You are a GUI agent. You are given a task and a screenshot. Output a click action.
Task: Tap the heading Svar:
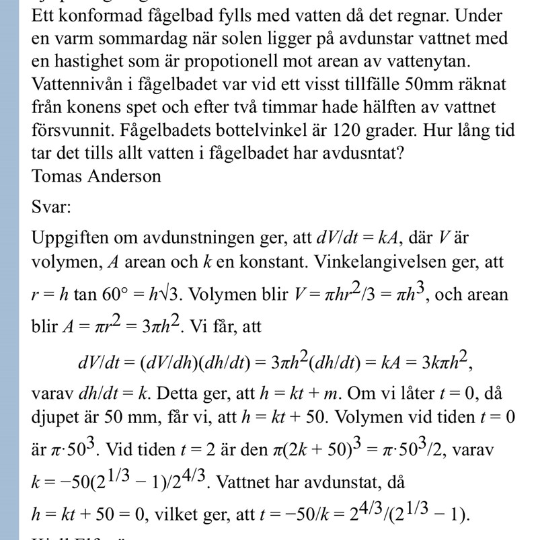51,207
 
